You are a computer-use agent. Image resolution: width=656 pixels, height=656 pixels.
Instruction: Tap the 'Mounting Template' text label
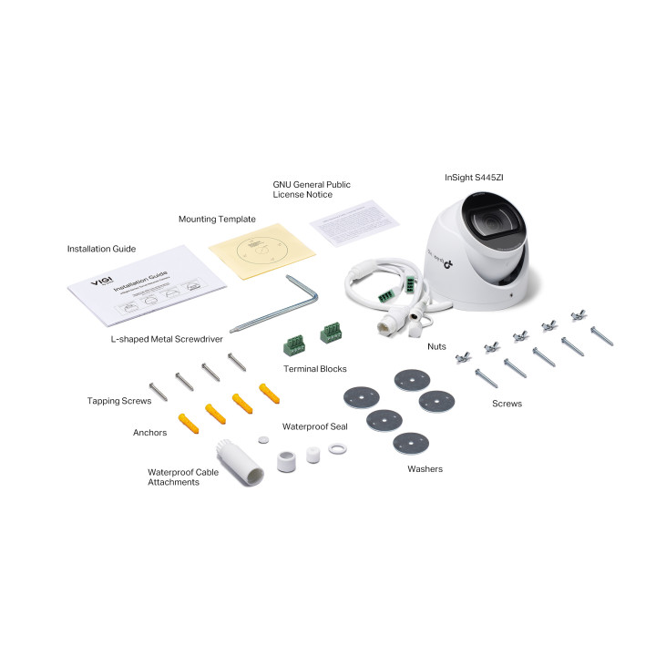[x=217, y=220]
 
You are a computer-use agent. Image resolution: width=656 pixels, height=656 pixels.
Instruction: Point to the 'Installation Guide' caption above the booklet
[x=101, y=248]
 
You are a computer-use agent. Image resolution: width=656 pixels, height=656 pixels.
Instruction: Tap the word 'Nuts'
[x=436, y=347]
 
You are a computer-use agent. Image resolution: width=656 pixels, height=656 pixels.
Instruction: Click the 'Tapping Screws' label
[x=118, y=400]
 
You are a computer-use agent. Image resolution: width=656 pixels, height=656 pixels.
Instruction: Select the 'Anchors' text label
[x=149, y=433]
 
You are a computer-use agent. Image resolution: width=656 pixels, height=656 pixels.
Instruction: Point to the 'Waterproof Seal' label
[x=313, y=425]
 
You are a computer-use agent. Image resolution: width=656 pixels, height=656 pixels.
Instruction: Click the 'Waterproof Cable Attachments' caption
[x=184, y=477]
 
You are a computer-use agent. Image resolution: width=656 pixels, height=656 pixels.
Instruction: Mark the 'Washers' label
[x=425, y=469]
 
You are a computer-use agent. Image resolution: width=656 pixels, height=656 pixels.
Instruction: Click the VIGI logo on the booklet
[x=101, y=283]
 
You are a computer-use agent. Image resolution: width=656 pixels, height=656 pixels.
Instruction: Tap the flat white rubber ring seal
[x=338, y=448]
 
